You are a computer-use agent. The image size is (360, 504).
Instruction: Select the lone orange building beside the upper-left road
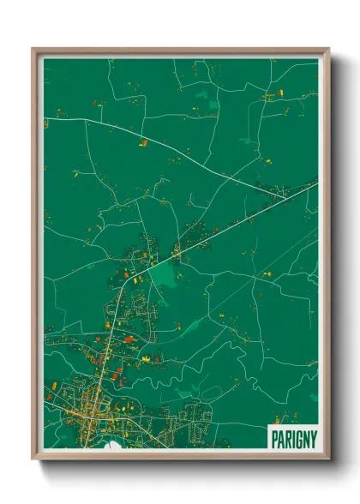click(143, 142)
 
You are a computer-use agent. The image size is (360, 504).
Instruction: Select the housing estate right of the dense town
click(199, 416)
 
